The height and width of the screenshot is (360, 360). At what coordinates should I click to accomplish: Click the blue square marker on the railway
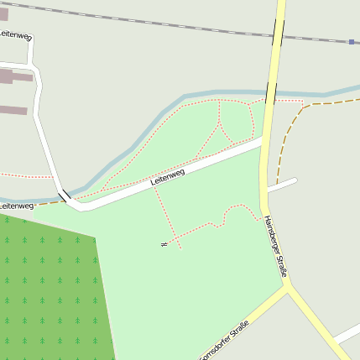[352, 41]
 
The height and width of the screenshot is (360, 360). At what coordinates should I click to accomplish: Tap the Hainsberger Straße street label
[276, 246]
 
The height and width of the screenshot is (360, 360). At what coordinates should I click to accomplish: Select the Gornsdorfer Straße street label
[225, 343]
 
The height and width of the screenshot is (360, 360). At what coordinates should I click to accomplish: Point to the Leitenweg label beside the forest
[16, 205]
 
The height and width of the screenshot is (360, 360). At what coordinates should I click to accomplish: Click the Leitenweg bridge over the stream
[64, 196]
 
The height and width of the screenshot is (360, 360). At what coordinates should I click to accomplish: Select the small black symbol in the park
[164, 244]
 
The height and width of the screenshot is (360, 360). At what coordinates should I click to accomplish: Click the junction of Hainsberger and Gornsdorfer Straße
[288, 285]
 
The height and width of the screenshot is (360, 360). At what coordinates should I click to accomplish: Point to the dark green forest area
[50, 285]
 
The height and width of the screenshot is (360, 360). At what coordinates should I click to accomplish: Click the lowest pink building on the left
[13, 110]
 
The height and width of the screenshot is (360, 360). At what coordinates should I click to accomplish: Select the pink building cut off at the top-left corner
[3, 13]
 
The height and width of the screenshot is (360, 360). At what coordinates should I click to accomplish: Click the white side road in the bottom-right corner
[346, 336]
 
